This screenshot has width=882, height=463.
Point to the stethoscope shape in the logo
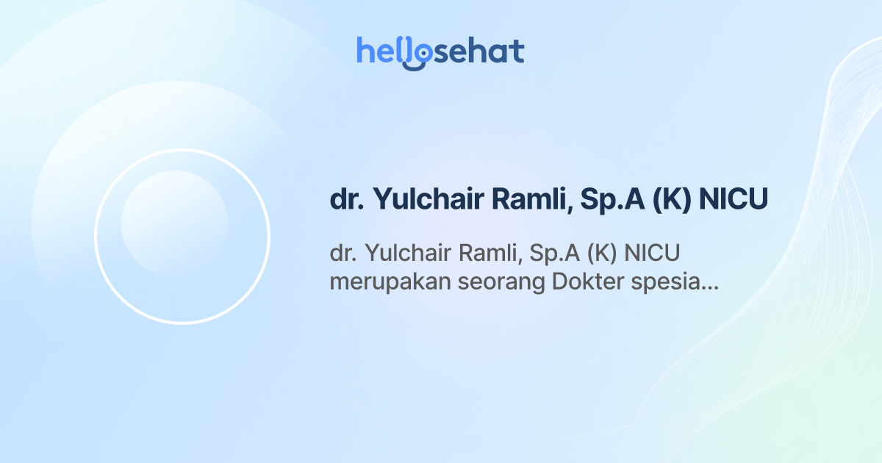point(417,54)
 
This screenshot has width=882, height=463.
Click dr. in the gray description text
point(342,254)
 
